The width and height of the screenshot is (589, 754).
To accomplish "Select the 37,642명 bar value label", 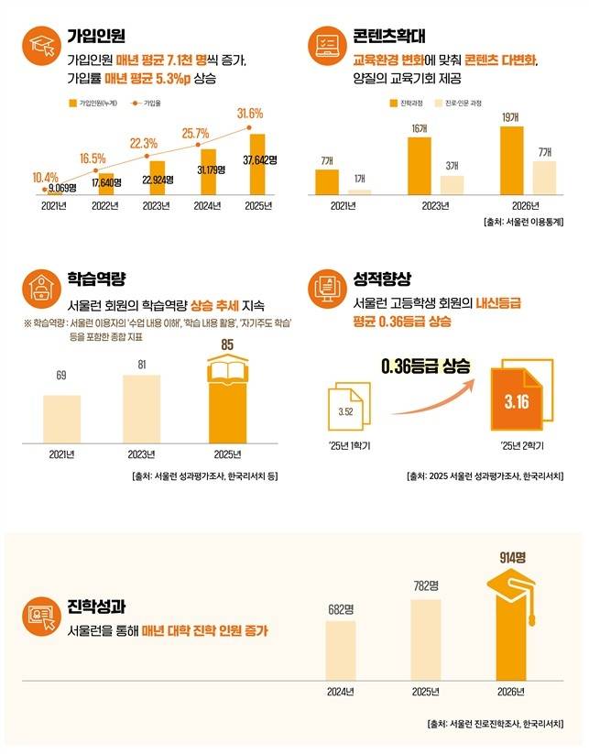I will pos(259,160).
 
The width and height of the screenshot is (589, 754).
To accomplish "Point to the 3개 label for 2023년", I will pos(453,166).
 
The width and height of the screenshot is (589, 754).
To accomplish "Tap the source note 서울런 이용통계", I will pos(520,222).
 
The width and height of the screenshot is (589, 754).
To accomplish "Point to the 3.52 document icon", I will pos(346,410).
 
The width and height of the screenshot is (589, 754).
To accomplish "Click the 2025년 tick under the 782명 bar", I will pos(425,691).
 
